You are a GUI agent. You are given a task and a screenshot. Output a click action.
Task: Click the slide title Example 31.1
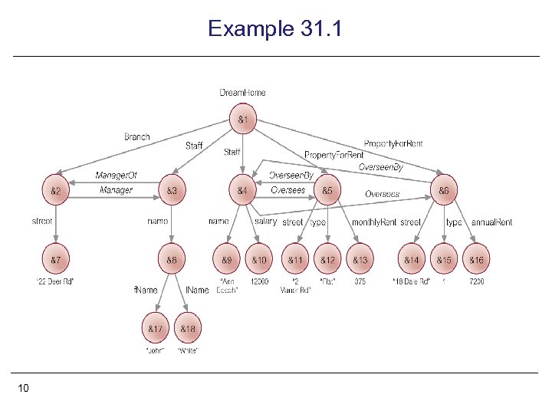[x=275, y=29]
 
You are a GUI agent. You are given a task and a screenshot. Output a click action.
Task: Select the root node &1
[x=242, y=120]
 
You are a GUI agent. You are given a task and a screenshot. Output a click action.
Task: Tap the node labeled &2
[x=56, y=190]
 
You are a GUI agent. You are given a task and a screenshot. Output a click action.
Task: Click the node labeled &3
[x=172, y=190]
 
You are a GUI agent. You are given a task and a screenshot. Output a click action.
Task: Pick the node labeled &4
[x=242, y=190]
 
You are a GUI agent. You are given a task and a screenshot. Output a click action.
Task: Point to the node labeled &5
[x=327, y=190]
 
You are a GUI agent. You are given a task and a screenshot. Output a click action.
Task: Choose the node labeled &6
[x=444, y=190]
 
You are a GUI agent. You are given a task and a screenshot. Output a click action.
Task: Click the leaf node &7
[x=56, y=261]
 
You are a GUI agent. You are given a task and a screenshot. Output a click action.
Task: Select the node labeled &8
[x=172, y=261]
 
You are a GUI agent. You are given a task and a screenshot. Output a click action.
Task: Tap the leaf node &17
[x=155, y=330]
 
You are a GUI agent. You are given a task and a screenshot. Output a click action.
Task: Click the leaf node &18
[x=188, y=330]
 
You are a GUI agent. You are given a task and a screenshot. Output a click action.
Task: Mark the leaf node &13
[x=360, y=261]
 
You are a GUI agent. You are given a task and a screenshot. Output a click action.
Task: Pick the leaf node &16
[x=477, y=261]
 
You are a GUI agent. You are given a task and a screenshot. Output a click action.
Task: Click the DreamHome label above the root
[x=242, y=93]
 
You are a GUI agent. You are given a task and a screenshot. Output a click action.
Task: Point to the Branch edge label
[x=137, y=136]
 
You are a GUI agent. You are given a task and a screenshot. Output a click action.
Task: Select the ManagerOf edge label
[x=116, y=176]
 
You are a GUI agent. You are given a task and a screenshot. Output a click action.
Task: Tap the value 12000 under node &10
[x=261, y=281]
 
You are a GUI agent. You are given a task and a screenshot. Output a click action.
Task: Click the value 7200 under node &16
[x=477, y=281]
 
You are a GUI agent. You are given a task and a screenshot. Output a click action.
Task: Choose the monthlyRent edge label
[x=373, y=222]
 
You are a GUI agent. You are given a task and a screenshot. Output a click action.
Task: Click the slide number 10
[x=23, y=389]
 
